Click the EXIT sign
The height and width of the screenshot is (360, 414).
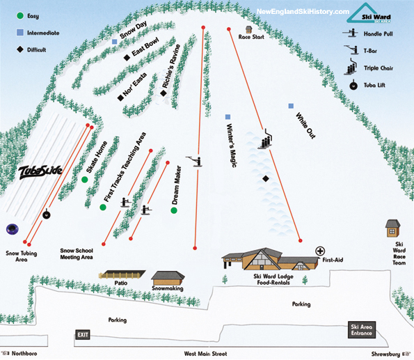click(x=83, y=335)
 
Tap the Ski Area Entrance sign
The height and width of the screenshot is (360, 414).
click(x=361, y=330)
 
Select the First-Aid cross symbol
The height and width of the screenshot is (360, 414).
click(x=320, y=251)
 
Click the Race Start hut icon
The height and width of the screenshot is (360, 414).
click(x=248, y=29)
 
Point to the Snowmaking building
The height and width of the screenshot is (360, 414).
click(x=168, y=279)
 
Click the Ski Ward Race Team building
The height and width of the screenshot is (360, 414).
click(x=392, y=228)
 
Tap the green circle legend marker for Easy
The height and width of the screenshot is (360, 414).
click(x=20, y=15)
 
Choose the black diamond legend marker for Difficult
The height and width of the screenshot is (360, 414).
click(x=20, y=49)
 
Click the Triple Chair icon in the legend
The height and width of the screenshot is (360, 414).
click(x=351, y=67)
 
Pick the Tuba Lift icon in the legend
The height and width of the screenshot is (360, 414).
click(x=353, y=85)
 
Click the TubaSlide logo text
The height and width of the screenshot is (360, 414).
click(x=40, y=172)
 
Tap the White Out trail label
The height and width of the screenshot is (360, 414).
click(x=305, y=125)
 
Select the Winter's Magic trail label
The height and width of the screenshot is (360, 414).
click(x=231, y=146)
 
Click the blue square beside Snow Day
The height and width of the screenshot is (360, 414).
click(x=114, y=42)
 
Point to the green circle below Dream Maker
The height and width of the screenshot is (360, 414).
click(x=174, y=210)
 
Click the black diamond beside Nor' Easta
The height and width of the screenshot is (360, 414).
click(x=120, y=97)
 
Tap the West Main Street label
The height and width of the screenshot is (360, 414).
click(x=205, y=354)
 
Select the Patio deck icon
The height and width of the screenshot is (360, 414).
click(x=122, y=274)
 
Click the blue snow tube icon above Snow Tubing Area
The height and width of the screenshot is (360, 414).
click(x=12, y=229)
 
